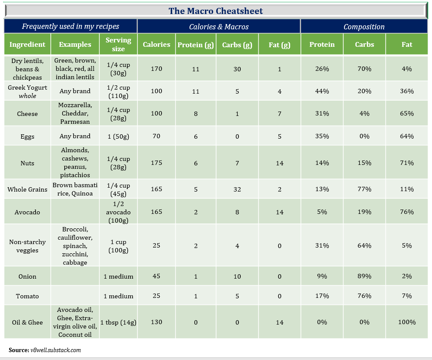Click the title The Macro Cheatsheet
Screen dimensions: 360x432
pos(215,11)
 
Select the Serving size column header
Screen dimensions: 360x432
pos(118,44)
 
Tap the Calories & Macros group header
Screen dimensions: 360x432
pos(219,27)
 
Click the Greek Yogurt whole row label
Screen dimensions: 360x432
pos(28,91)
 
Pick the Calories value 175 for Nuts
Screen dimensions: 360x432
pos(156,163)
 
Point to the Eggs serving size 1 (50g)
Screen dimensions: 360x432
pos(118,136)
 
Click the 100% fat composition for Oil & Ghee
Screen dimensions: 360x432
pos(407,322)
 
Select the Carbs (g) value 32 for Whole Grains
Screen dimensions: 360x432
pos(237,189)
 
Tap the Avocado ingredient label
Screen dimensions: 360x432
pos(28,212)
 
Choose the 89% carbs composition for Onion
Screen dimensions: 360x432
pos(364,276)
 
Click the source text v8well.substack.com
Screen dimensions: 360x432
pos(56,350)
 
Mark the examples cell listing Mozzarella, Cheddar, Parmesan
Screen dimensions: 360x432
pos(75,113)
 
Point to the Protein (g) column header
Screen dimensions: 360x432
pos(196,45)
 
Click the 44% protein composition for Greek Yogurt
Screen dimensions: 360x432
pos(322,91)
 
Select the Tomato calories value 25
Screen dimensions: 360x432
pos(156,296)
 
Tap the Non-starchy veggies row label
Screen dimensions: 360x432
pos(28,246)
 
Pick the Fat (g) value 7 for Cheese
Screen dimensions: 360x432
pos(280,114)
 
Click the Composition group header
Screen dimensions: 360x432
pos(364,27)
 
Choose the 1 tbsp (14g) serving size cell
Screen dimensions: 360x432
pos(118,322)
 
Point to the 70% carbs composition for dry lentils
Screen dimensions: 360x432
pos(364,69)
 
